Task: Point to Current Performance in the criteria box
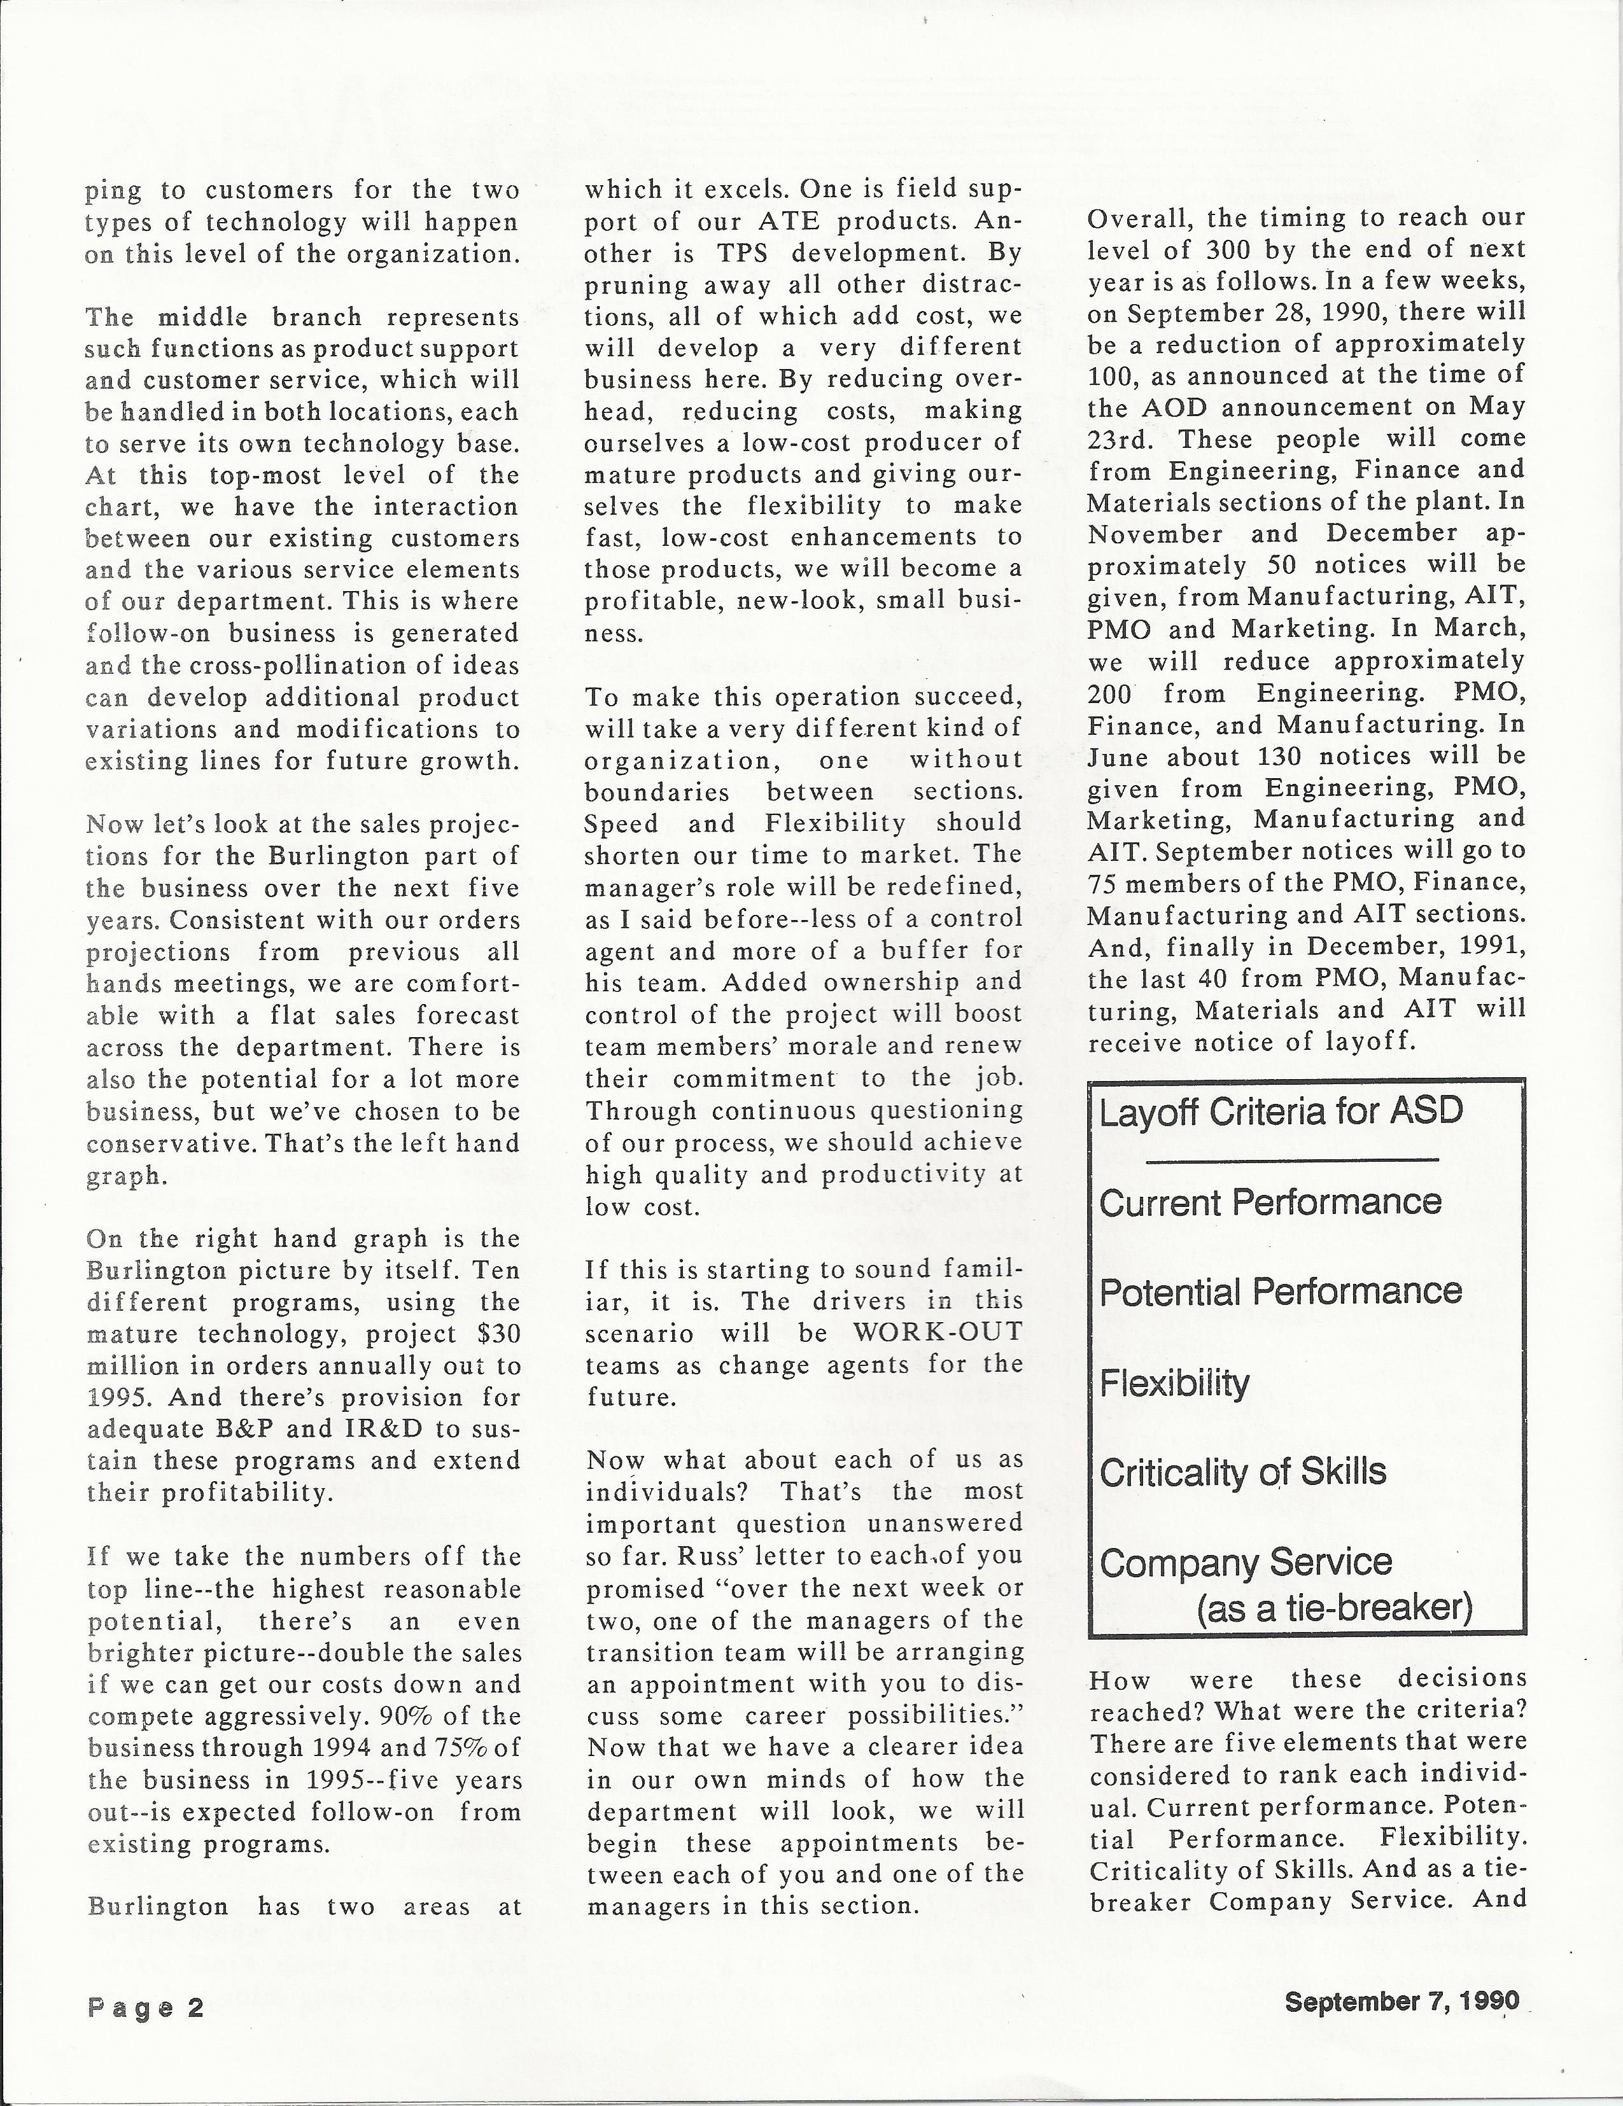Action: click(x=1270, y=1203)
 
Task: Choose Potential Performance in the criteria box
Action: click(x=1280, y=1292)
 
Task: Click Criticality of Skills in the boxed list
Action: click(x=1242, y=1472)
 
